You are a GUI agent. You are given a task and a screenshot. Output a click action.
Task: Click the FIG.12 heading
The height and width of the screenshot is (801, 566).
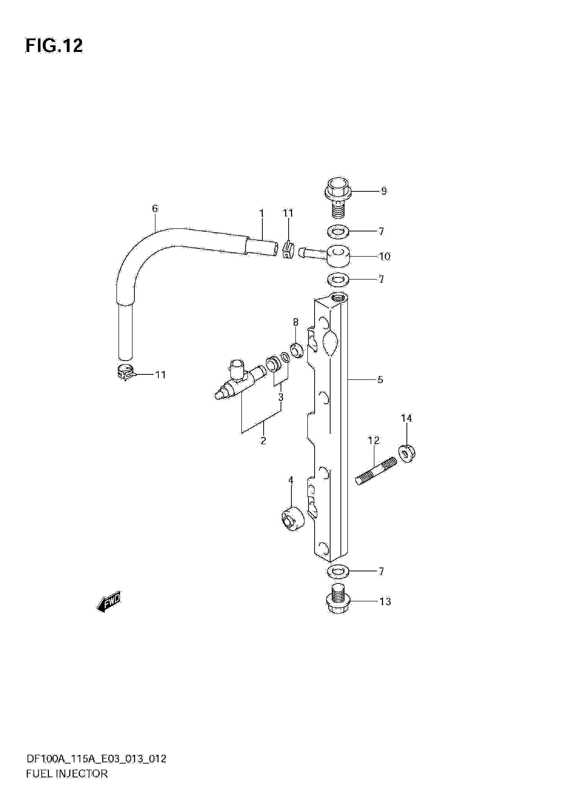point(54,46)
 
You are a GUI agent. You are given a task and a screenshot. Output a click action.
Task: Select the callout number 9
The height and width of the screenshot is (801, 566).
point(384,191)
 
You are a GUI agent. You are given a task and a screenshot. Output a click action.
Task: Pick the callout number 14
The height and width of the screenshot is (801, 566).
point(406,418)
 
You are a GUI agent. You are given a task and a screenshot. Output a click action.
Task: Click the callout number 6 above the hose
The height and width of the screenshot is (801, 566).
point(155,209)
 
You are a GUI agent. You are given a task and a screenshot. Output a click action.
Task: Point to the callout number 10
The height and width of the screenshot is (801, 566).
point(385,256)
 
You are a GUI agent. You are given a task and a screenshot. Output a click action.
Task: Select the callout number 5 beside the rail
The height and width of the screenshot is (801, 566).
point(380,380)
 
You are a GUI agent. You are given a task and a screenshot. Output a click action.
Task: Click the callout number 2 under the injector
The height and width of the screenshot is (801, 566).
point(263,441)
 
